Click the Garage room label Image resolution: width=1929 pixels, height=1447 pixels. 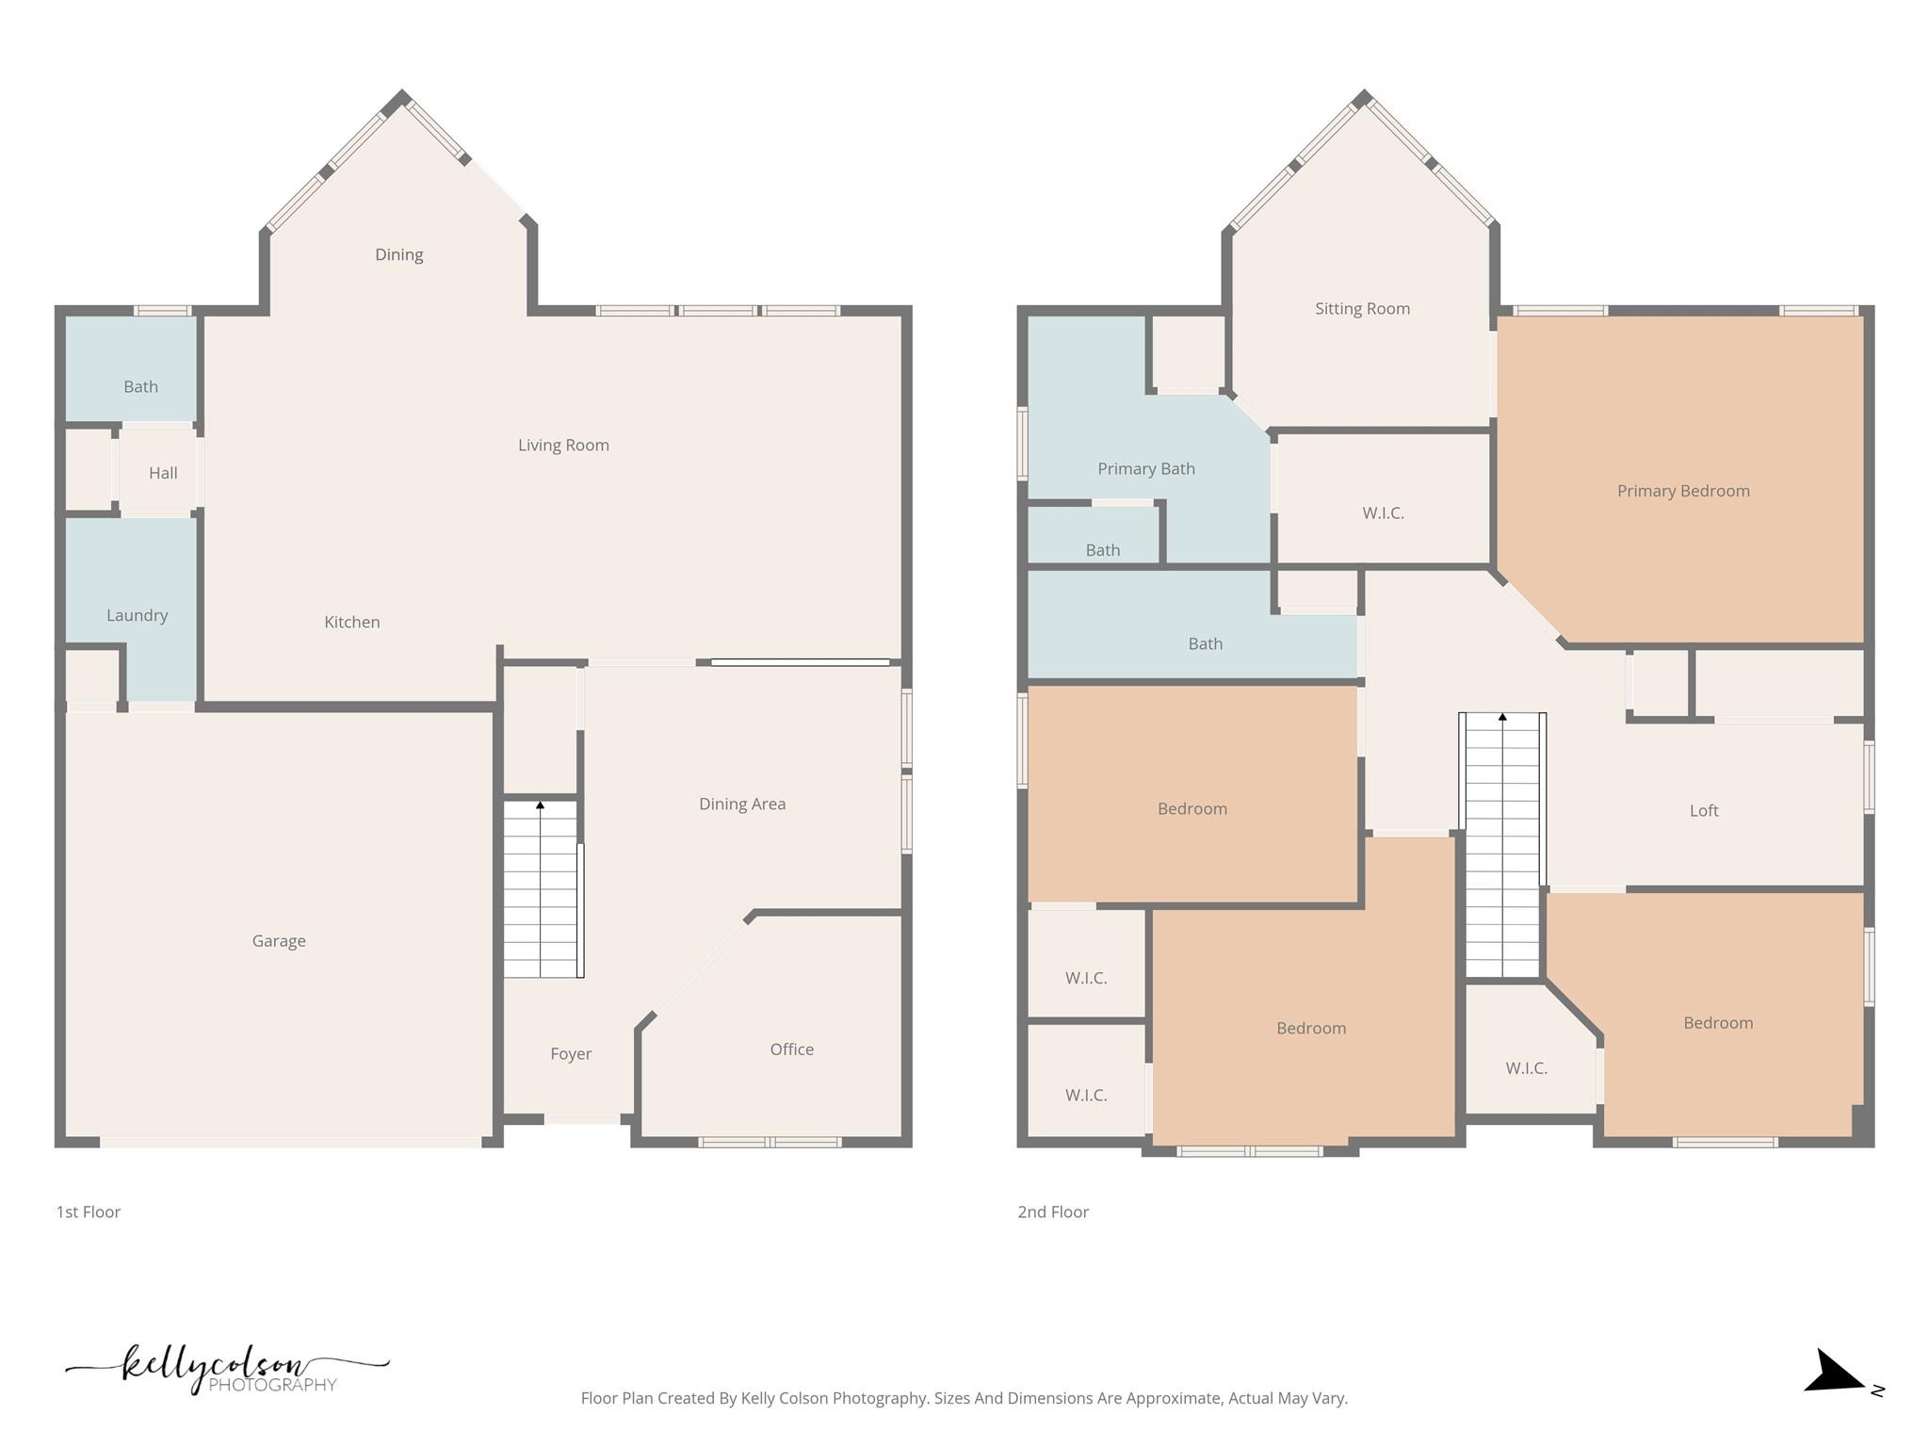[x=279, y=940]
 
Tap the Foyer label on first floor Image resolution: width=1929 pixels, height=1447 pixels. [x=571, y=1053]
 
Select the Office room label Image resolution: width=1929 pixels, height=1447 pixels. [x=791, y=1049]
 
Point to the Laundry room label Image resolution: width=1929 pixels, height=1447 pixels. [x=137, y=615]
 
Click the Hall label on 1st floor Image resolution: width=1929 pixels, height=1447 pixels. [x=163, y=473]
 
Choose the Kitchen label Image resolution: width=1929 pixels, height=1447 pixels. [x=352, y=622]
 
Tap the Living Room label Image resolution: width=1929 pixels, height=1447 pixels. [x=563, y=445]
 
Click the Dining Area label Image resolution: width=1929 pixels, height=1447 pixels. [x=742, y=804]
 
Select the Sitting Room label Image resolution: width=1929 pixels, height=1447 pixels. [x=1362, y=308]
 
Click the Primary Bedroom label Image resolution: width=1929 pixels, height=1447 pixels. [x=1683, y=491]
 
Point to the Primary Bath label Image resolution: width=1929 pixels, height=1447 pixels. [x=1146, y=468]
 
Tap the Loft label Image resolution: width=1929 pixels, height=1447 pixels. [x=1704, y=810]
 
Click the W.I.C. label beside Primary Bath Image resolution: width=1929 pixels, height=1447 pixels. [x=1383, y=512]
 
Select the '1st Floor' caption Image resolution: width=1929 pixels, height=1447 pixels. [x=89, y=1211]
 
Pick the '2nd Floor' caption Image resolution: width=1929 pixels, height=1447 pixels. [x=1053, y=1211]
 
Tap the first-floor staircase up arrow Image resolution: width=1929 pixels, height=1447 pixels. [x=541, y=805]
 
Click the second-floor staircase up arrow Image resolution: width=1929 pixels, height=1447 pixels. [x=1503, y=718]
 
